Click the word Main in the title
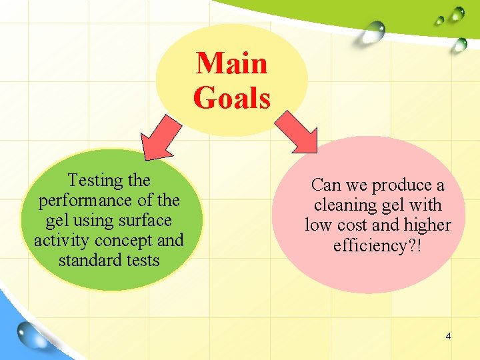(231, 63)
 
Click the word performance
(91, 200)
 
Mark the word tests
(141, 260)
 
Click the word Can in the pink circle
(326, 185)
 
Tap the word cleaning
(347, 205)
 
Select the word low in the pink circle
(318, 225)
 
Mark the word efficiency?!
(377, 246)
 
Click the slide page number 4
(448, 336)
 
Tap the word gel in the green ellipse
(56, 220)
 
